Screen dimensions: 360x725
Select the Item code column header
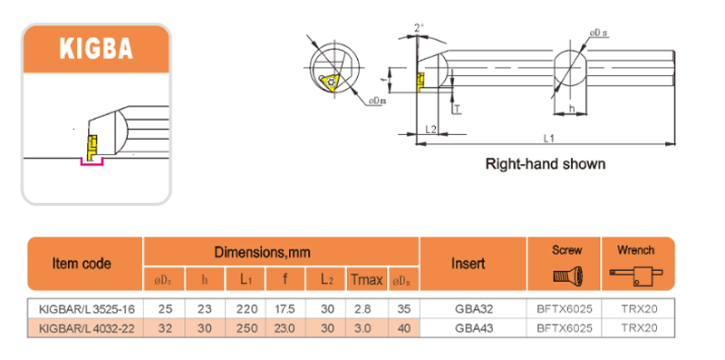(82, 264)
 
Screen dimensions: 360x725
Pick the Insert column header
(469, 264)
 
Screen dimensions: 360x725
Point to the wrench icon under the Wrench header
(635, 272)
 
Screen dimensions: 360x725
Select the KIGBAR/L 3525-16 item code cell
(82, 308)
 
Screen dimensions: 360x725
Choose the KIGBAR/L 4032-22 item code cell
(82, 326)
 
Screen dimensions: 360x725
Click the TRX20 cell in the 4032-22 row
(635, 326)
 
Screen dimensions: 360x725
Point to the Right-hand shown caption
(545, 165)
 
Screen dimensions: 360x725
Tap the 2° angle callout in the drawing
(418, 29)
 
